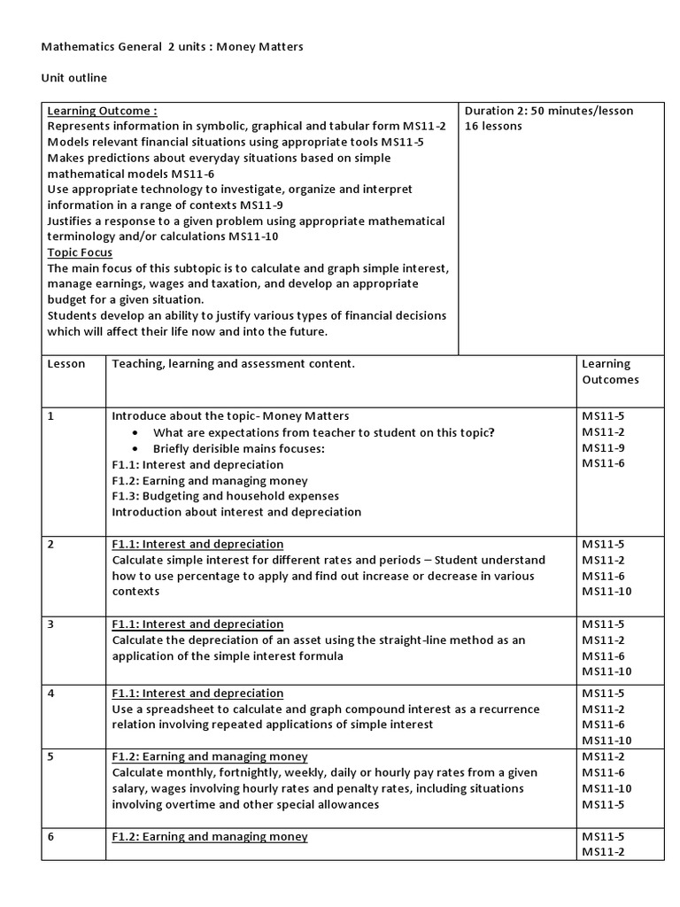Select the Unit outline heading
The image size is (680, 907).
[x=73, y=78]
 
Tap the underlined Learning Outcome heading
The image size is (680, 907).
[x=102, y=111]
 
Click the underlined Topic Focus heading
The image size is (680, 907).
[x=80, y=252]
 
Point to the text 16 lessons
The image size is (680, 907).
[x=493, y=127]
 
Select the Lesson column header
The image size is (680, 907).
[x=66, y=364]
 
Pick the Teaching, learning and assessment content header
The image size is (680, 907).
[x=233, y=364]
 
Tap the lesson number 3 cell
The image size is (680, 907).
[x=51, y=624]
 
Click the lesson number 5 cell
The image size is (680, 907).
[x=51, y=756]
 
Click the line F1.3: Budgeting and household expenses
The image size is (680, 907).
[x=226, y=496]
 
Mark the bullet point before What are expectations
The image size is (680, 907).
[x=134, y=433]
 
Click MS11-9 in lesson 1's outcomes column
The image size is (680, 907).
[x=603, y=447]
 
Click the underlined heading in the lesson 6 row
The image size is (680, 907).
[x=210, y=836]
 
